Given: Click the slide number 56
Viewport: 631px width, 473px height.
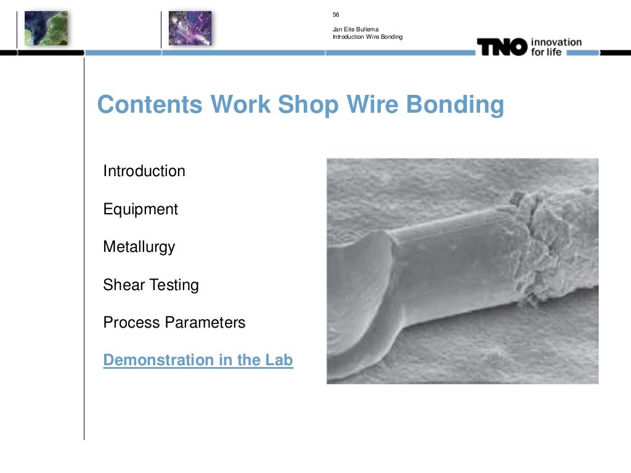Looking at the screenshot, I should click(336, 15).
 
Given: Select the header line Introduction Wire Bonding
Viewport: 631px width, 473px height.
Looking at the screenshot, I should click(367, 37).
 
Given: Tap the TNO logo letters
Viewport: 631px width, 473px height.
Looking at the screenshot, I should click(502, 47).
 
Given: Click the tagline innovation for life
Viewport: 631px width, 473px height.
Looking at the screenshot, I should click(556, 47).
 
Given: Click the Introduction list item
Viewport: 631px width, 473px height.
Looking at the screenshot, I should click(144, 171).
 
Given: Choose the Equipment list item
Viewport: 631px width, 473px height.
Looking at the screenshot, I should click(140, 209).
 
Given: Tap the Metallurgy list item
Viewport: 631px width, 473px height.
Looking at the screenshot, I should click(139, 248).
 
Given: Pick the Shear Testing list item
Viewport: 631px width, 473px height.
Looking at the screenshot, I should click(151, 285).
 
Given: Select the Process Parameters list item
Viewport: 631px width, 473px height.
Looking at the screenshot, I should click(174, 323).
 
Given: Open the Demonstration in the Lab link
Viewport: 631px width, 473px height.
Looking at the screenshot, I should click(198, 360).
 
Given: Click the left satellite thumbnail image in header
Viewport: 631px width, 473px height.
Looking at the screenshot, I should click(46, 28).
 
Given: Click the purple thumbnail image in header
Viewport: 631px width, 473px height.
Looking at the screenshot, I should click(190, 28).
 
